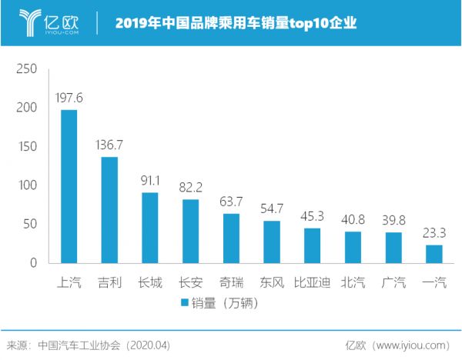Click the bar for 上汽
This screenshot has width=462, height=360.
tap(69, 186)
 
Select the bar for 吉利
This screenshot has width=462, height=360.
tap(109, 210)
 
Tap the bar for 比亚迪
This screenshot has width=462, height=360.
tap(312, 245)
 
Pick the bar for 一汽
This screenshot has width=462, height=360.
tap(434, 254)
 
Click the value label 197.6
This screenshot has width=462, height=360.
tap(69, 98)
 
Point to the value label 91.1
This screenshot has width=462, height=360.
tap(150, 181)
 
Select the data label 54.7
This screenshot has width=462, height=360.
tap(272, 209)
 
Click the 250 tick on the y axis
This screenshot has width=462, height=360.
tap(27, 69)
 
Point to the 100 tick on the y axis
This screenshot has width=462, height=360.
tap(27, 185)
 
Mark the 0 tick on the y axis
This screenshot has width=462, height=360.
tap(33, 263)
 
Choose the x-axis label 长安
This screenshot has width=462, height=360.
tap(190, 282)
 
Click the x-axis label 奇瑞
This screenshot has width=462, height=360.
tap(231, 282)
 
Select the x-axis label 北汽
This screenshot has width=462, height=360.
tap(353, 282)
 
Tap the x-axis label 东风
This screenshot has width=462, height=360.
tap(272, 282)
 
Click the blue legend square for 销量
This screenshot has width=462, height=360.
tap(185, 303)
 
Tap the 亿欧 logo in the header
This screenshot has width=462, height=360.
tap(48, 22)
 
